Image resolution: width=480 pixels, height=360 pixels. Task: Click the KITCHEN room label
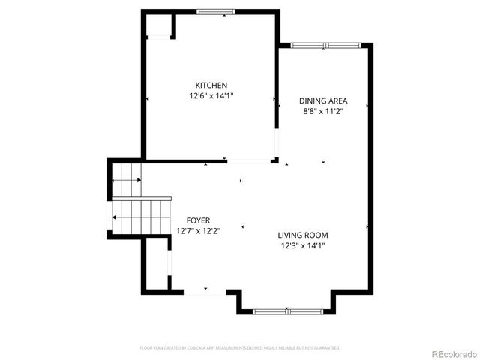coord(211,85)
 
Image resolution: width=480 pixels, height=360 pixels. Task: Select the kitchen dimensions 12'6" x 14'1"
coord(211,96)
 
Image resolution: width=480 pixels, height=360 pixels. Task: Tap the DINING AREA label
coord(323,100)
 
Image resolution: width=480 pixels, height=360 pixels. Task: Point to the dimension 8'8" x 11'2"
coord(323,111)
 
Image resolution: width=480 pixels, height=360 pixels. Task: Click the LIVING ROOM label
coord(304,235)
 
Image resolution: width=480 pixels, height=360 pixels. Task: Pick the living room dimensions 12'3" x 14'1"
coord(304,245)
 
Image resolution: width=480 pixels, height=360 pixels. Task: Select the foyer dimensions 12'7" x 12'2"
coord(198,231)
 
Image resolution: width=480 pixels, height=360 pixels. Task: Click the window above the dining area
coord(326,46)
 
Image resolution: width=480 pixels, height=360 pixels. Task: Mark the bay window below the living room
coord(288,310)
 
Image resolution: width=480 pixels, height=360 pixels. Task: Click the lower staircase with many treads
coord(139,217)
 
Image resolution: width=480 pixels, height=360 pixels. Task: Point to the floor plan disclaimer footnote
coord(240,348)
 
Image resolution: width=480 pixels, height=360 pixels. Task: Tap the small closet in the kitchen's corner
coord(159,27)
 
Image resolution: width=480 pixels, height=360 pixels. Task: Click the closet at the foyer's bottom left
coord(155,267)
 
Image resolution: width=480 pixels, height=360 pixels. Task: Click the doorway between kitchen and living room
coord(249,160)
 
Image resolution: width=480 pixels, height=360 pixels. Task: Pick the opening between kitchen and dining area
coord(276,142)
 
